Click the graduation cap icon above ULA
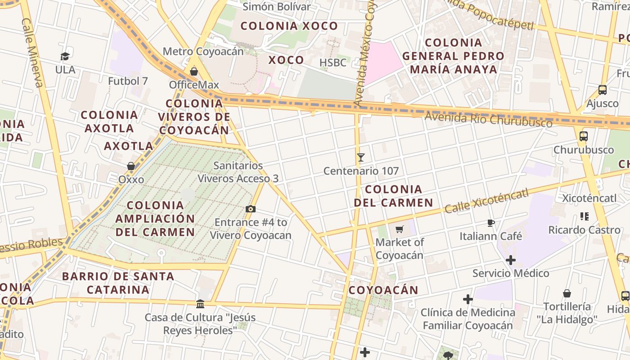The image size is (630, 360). pyautogui.click(x=65, y=56)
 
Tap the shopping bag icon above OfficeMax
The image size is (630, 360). pyautogui.click(x=194, y=72)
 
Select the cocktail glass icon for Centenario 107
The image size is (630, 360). pyautogui.click(x=360, y=157)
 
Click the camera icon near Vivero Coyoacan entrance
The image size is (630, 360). pyautogui.click(x=251, y=209)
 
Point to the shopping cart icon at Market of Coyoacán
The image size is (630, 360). pyautogui.click(x=399, y=229)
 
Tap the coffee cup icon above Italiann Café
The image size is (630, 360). pyautogui.click(x=491, y=223)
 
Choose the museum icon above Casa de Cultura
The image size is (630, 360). pyautogui.click(x=200, y=304)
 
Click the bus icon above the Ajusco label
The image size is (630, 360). pyautogui.click(x=603, y=90)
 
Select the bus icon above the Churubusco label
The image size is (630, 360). pyautogui.click(x=584, y=136)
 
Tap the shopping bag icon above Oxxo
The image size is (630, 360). pyautogui.click(x=131, y=166)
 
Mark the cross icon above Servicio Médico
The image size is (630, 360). pyautogui.click(x=510, y=260)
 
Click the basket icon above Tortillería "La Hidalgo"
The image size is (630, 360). pyautogui.click(x=567, y=293)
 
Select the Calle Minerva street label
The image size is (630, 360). pyautogui.click(x=32, y=53)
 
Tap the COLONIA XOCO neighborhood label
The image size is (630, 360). pyautogui.click(x=289, y=26)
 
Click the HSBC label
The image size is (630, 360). pyautogui.click(x=333, y=63)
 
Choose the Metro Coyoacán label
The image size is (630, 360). pyautogui.click(x=203, y=51)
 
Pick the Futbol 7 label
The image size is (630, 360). pyautogui.click(x=128, y=81)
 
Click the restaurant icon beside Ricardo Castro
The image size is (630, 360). pyautogui.click(x=585, y=216)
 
